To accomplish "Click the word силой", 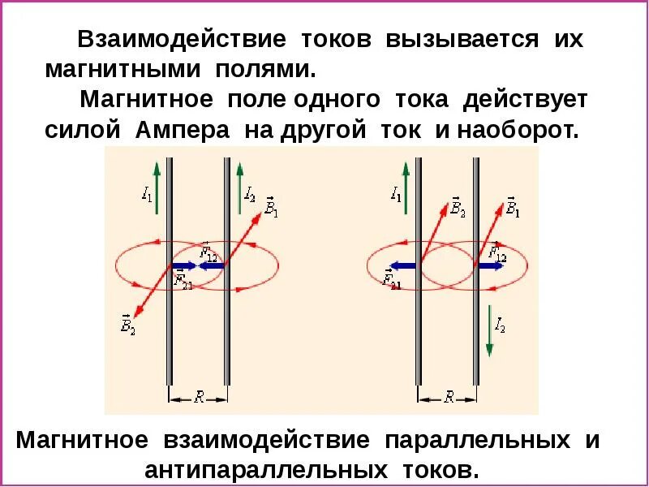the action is click(87, 131).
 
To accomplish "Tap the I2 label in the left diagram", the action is click(250, 195).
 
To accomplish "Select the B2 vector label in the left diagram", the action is click(127, 325).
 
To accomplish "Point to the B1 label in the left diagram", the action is click(271, 209).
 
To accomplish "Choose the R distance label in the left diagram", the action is click(199, 396).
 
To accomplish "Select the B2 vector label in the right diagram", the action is click(458, 209).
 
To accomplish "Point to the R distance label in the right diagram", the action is click(448, 396).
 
